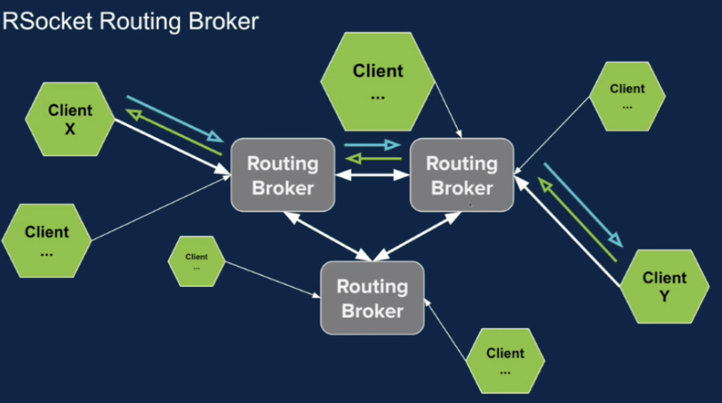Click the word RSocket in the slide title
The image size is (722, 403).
click(x=48, y=21)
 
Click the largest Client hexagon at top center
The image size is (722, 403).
click(x=378, y=82)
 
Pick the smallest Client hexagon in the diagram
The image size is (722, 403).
click(x=196, y=261)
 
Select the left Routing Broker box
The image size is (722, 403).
click(x=283, y=175)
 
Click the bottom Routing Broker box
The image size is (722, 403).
click(x=372, y=298)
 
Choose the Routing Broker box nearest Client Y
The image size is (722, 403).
click(x=462, y=175)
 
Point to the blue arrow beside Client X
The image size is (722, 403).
click(x=174, y=118)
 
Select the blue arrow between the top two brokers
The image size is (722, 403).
click(x=372, y=146)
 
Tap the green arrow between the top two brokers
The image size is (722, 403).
click(x=372, y=158)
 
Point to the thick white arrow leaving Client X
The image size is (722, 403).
click(x=171, y=146)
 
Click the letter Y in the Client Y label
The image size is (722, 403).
click(x=664, y=296)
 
